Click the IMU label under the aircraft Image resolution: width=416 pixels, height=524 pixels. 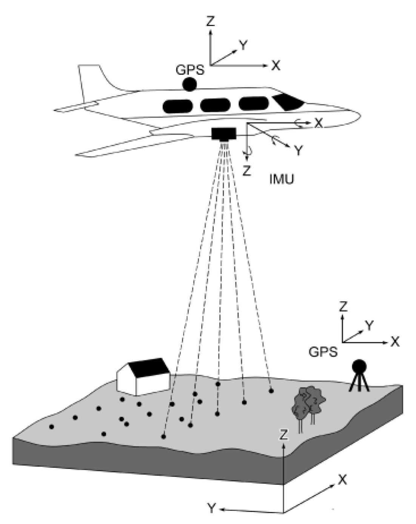point(282,179)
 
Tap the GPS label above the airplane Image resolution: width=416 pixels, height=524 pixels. point(190,70)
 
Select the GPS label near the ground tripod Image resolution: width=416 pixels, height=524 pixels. point(323,352)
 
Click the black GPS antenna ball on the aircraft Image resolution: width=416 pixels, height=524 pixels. point(190,84)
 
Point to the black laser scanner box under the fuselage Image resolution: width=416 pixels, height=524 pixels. point(224,134)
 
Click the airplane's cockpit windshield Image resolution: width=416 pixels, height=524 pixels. point(288,102)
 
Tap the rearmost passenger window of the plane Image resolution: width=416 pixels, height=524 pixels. point(178,106)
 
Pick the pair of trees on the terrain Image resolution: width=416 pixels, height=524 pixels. point(308,406)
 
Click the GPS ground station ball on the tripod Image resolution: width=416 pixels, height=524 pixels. point(359,366)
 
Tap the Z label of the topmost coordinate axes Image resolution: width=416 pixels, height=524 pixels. point(210,21)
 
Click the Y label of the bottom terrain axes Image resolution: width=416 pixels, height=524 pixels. point(212,509)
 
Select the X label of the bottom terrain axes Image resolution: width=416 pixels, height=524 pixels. point(342,480)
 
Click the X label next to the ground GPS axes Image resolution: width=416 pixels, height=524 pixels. point(394,342)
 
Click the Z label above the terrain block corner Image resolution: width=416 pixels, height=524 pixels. point(283,435)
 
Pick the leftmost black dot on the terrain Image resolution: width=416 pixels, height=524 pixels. point(52,427)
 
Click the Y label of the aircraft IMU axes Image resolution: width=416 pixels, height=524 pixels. point(299,151)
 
